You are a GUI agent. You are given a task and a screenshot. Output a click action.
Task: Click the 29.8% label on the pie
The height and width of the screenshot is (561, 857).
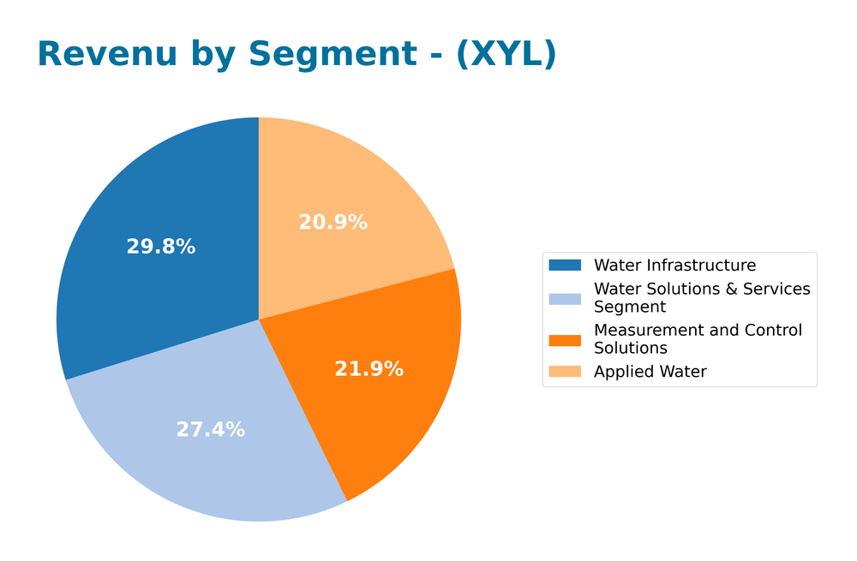tap(160, 247)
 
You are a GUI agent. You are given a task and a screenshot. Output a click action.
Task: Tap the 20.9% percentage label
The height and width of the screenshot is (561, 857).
tap(333, 222)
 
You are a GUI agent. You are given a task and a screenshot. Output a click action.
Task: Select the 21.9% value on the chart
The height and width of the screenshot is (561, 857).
tap(369, 369)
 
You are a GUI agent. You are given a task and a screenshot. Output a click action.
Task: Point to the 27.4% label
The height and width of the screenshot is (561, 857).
tap(210, 430)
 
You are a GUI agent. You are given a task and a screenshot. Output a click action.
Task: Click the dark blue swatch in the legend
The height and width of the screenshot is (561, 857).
tap(565, 266)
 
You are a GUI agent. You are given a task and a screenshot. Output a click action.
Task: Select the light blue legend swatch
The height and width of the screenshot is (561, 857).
tap(565, 298)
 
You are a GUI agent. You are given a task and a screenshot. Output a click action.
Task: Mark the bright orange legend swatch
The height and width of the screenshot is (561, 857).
tap(565, 339)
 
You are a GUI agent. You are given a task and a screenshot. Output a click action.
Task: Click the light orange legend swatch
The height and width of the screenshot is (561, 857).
tap(565, 372)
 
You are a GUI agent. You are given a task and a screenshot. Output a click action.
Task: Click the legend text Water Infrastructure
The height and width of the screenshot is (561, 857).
tap(674, 266)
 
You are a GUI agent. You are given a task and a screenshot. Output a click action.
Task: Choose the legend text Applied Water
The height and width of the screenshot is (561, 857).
tap(650, 372)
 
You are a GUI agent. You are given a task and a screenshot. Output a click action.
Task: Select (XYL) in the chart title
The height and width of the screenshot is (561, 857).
tap(506, 55)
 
